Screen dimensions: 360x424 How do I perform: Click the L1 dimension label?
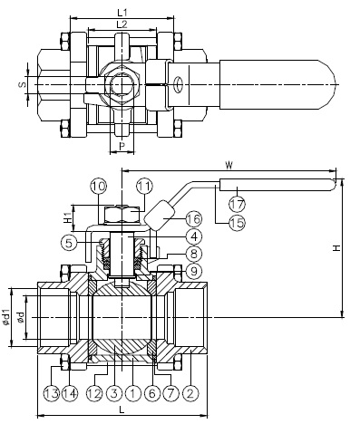[x=122, y=13]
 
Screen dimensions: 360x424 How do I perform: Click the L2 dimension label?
[x=122, y=24]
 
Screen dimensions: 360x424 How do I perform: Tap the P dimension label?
[x=122, y=146]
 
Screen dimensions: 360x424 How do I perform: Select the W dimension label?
[x=229, y=165]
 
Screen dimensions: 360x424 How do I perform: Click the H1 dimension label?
[x=68, y=217]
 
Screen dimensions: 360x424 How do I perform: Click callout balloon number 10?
[x=99, y=186]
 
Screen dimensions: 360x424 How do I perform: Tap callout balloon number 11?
[x=144, y=186]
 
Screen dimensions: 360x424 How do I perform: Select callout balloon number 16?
[x=194, y=218]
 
